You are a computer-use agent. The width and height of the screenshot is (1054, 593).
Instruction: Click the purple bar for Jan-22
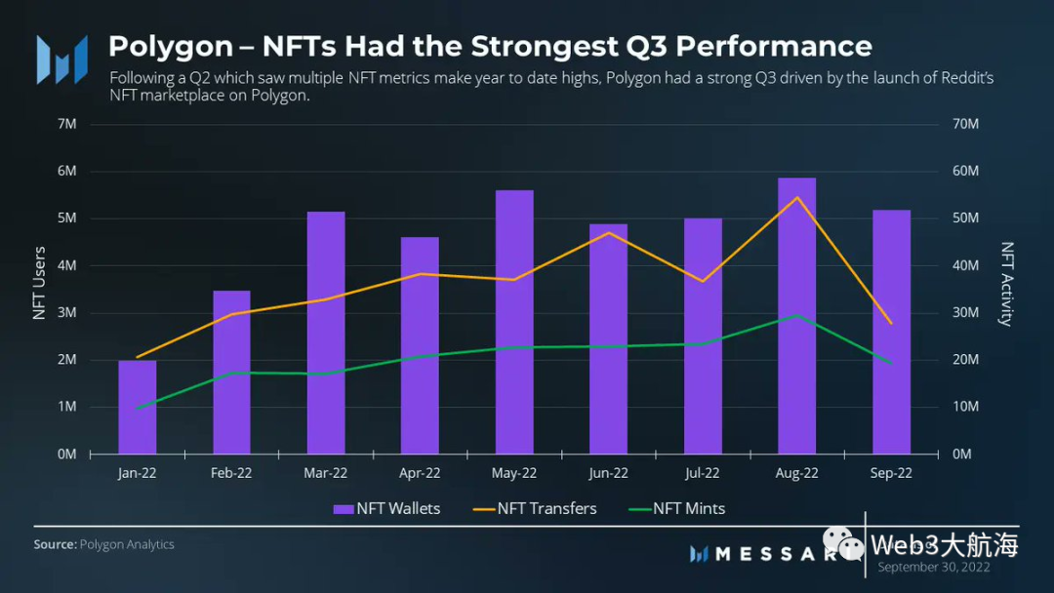click(x=138, y=407)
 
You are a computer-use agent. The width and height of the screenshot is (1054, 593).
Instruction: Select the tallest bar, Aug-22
click(x=796, y=316)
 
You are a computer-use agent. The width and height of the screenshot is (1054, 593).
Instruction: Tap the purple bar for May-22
click(x=514, y=322)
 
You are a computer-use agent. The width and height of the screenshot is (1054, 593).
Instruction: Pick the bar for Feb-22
click(x=231, y=373)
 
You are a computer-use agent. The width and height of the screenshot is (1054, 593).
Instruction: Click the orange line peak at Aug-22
click(x=796, y=197)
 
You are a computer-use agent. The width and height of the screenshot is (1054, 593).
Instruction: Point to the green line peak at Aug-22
click(x=796, y=315)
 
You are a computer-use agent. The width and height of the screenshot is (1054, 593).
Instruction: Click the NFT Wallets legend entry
click(x=386, y=508)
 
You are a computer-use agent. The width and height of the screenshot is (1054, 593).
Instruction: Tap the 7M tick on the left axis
click(x=67, y=124)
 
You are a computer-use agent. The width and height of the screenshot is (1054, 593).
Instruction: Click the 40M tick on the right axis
click(x=966, y=265)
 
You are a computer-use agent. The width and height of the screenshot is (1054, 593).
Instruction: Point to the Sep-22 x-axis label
click(x=891, y=473)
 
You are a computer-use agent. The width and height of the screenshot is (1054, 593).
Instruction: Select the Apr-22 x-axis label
click(x=420, y=473)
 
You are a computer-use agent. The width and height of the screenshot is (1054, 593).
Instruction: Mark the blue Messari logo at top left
click(x=62, y=59)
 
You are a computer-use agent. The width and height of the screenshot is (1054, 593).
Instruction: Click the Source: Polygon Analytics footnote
click(x=104, y=544)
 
